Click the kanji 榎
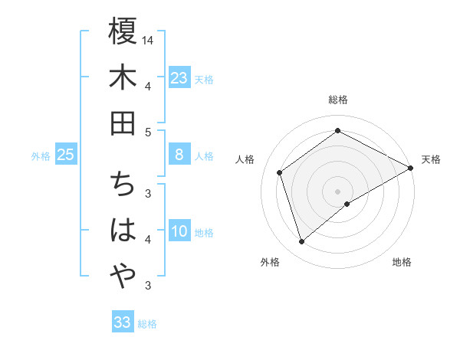coord(123,33)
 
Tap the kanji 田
coord(123,122)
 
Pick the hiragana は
coord(123,231)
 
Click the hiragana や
coord(123,274)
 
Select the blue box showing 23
coord(179,77)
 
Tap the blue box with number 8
coord(179,155)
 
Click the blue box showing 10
coord(179,231)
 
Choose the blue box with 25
coord(65,155)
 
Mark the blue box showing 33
coord(123,322)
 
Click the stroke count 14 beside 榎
coord(149,39)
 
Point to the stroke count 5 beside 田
coord(148,132)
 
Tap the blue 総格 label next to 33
coord(147,324)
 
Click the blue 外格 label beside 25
coord(41,156)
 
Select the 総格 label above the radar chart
coord(338,100)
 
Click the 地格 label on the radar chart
coord(402,262)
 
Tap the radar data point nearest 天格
coord(411,169)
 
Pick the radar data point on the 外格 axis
coord(301,242)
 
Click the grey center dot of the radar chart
coord(338,190)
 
